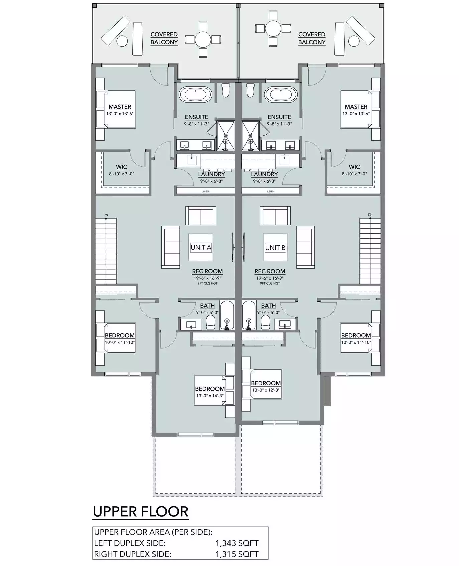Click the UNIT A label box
201,247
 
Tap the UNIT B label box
275,247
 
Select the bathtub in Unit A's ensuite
195,94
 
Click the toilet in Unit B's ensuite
250,90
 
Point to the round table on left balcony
203,40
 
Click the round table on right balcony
273,28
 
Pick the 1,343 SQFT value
237,543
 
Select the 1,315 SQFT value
237,554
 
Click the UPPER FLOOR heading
141,512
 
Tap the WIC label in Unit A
121,167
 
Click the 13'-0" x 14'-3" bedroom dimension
210,396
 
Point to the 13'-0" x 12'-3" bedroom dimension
266,390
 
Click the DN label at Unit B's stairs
370,214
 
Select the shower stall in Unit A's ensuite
226,136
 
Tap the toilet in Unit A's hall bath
211,322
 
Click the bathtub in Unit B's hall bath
248,315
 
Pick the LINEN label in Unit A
205,191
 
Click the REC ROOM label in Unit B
270,271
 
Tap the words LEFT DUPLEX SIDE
130,543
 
